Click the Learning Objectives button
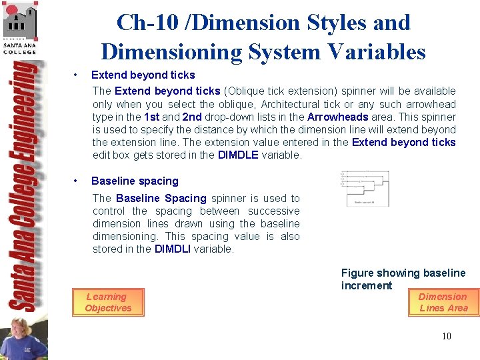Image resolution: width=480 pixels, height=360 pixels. (108, 302)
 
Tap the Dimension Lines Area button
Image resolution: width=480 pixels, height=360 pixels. (443, 302)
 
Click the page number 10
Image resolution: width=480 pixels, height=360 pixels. (446, 336)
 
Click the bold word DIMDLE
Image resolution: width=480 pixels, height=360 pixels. (237, 155)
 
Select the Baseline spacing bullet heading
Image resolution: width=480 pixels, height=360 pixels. (135, 181)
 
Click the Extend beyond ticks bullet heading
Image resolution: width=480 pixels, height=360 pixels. (143, 75)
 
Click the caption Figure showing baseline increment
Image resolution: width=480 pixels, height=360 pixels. (403, 279)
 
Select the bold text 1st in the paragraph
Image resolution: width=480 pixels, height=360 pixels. (151, 117)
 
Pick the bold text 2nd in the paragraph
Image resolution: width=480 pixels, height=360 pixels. (192, 117)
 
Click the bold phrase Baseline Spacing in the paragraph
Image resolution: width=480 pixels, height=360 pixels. (161, 198)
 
